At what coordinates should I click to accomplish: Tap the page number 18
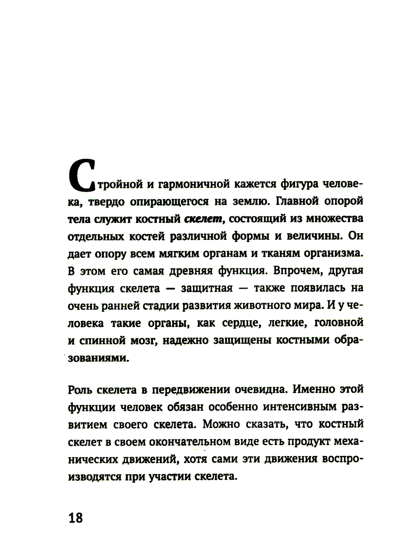click(x=76, y=518)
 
